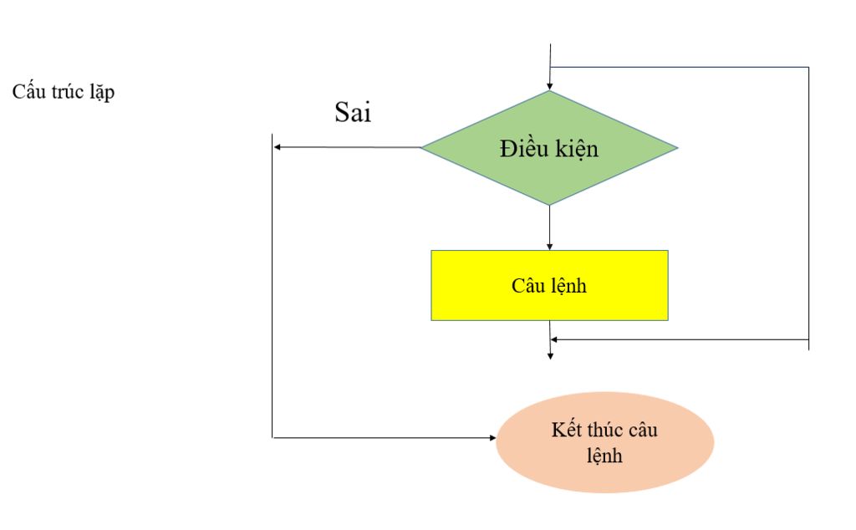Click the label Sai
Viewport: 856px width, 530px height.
click(x=353, y=113)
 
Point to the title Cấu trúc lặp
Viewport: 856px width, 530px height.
click(x=64, y=92)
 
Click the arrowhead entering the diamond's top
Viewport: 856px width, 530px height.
click(x=549, y=84)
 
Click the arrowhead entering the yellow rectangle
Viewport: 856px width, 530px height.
click(x=549, y=246)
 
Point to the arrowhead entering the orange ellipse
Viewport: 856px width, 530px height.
click(x=492, y=437)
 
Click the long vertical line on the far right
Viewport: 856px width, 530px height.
click(x=809, y=209)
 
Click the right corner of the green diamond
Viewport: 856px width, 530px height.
click(x=675, y=149)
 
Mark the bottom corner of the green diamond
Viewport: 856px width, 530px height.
click(x=549, y=204)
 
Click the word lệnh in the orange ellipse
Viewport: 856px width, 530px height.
click(x=605, y=456)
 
